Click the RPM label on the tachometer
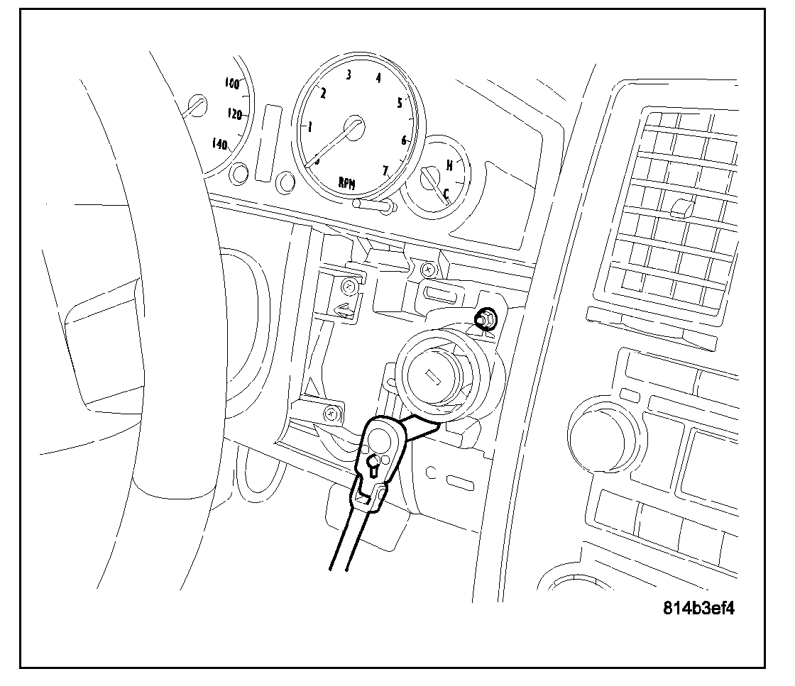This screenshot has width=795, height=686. click(x=347, y=183)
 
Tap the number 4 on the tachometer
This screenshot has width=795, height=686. click(x=378, y=78)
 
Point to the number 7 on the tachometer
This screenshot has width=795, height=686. click(x=386, y=170)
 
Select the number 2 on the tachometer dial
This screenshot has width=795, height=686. click(x=324, y=93)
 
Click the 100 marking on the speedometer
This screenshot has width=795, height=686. click(x=231, y=83)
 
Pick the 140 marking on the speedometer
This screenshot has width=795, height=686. click(x=219, y=145)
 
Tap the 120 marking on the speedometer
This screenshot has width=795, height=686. click(x=235, y=114)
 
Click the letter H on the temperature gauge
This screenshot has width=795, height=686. click(x=449, y=165)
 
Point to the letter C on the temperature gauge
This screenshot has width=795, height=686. click(x=446, y=192)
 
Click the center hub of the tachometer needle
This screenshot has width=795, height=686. click(x=354, y=128)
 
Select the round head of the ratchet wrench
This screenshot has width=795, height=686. click(x=381, y=441)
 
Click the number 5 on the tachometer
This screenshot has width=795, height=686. click(x=400, y=103)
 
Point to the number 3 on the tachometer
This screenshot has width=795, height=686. click(x=349, y=75)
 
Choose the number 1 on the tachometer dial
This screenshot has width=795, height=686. click(x=309, y=127)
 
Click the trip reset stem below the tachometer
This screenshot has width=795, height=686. click(x=373, y=206)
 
